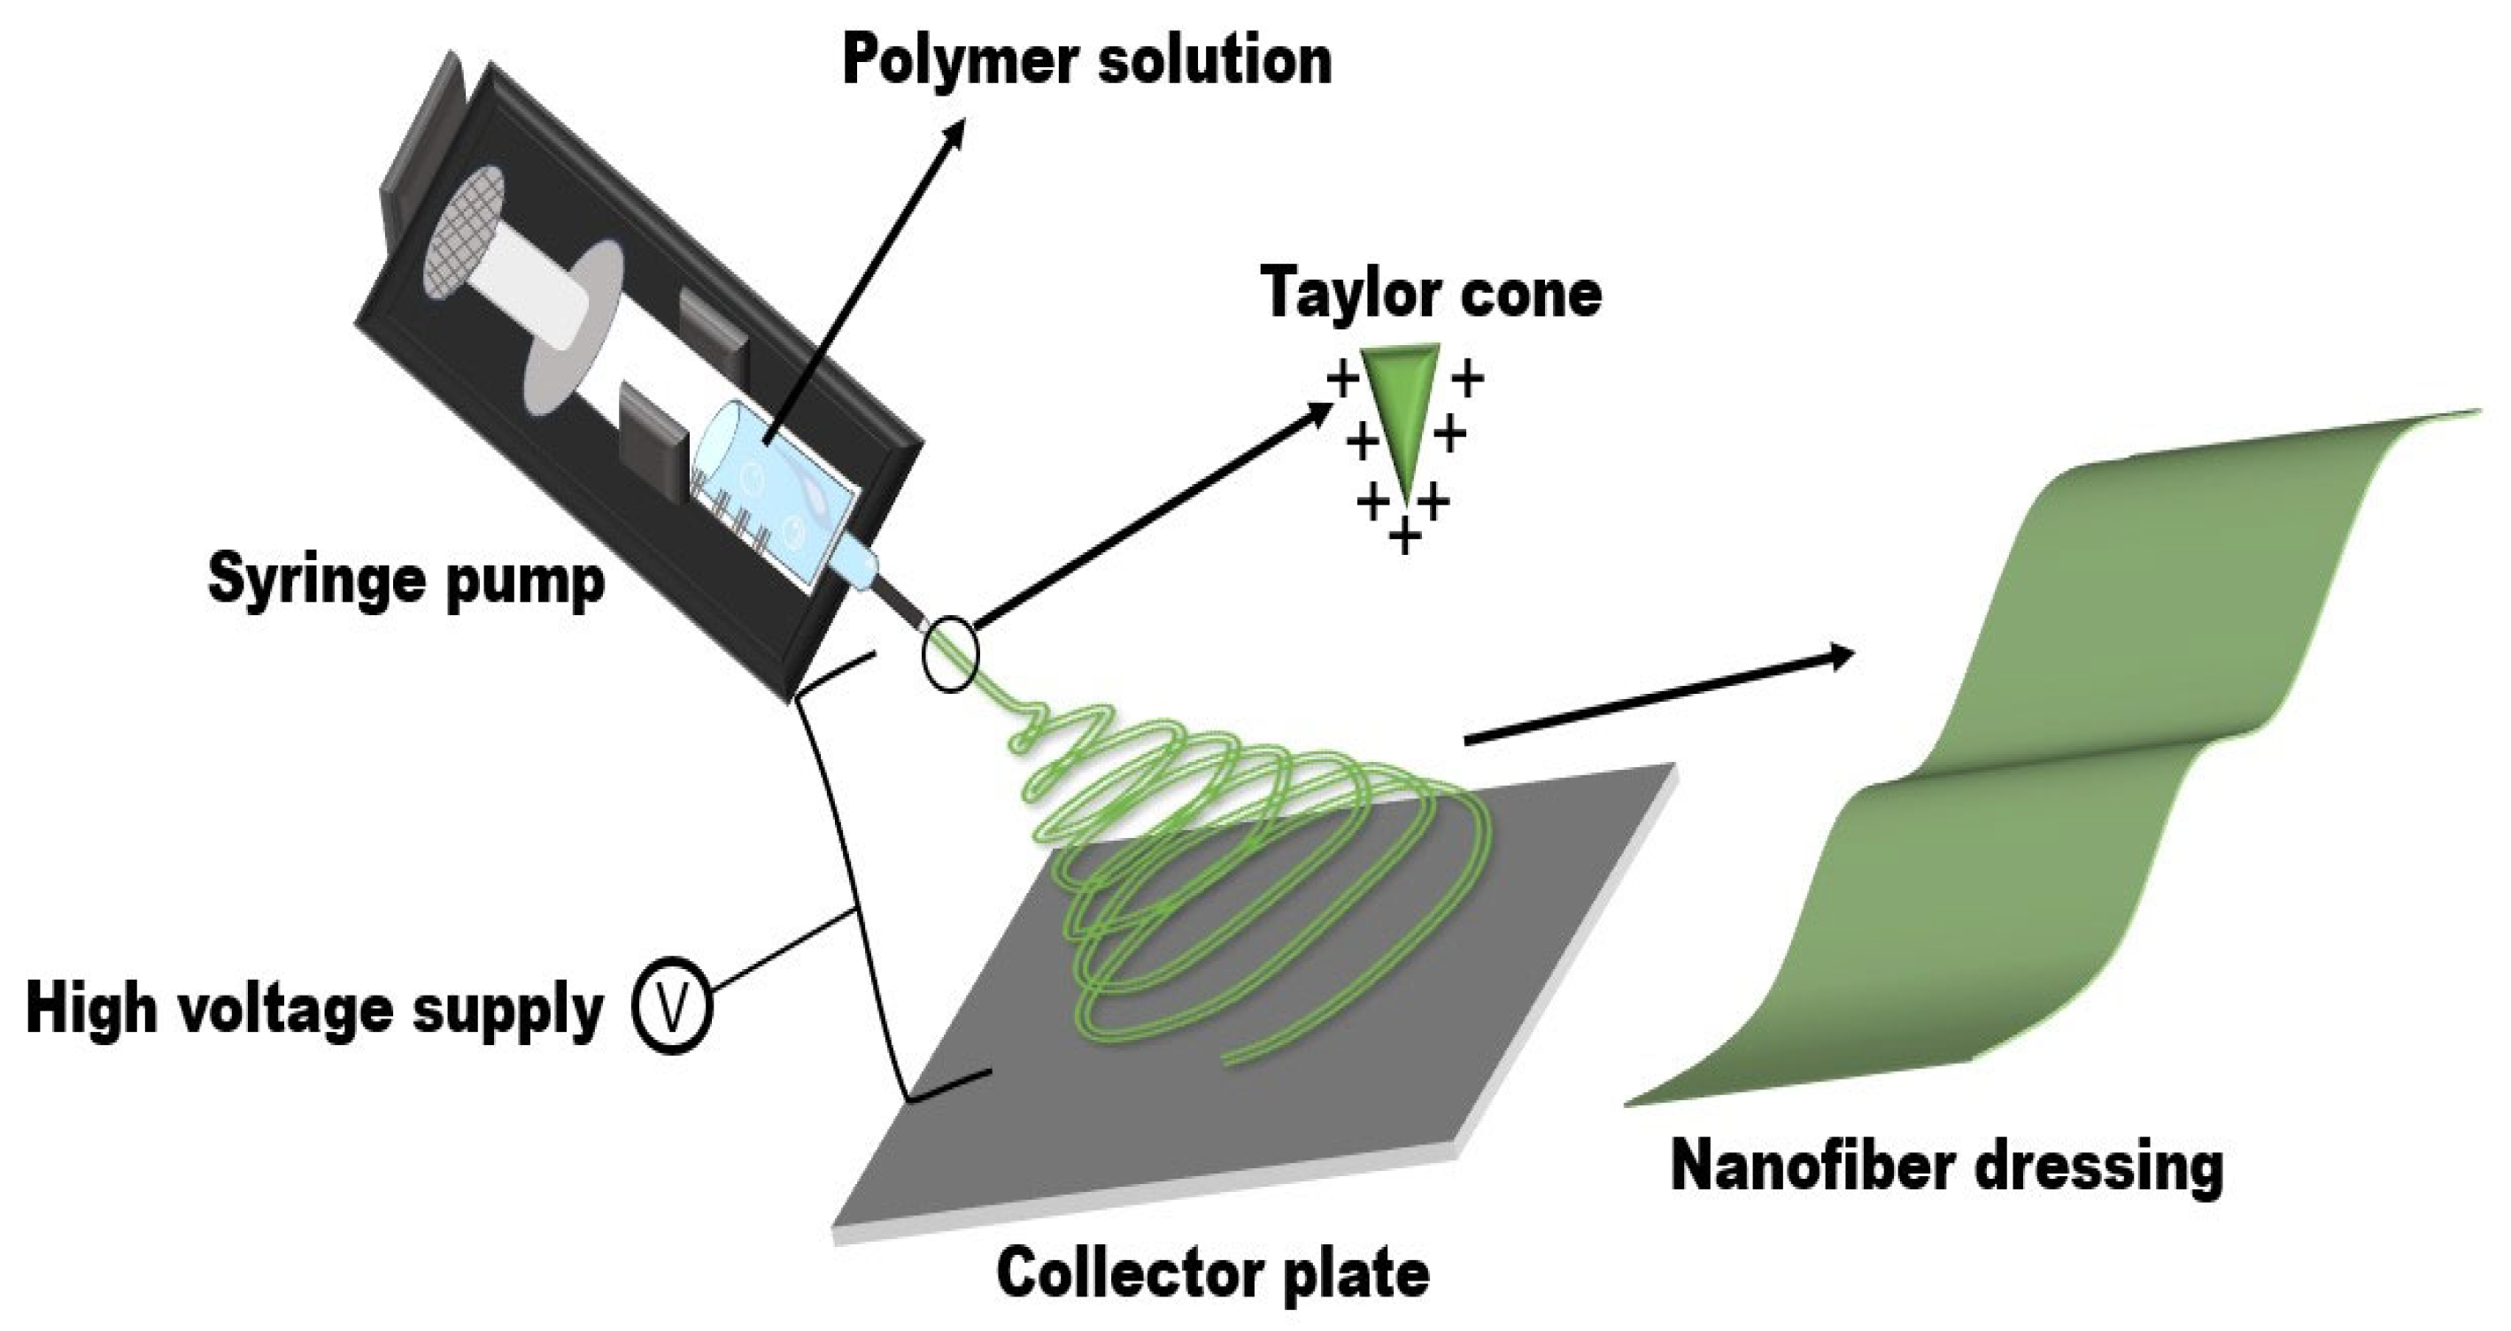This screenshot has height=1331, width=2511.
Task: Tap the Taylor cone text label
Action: (x=1430, y=292)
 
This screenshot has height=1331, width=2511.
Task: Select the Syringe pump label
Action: (x=406, y=581)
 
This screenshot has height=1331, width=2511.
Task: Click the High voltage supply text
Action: (x=313, y=1010)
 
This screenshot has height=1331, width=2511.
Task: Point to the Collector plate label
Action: (x=1213, y=1273)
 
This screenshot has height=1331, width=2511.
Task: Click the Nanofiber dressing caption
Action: (x=1947, y=1167)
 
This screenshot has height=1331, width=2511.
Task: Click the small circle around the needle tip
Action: (x=948, y=654)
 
